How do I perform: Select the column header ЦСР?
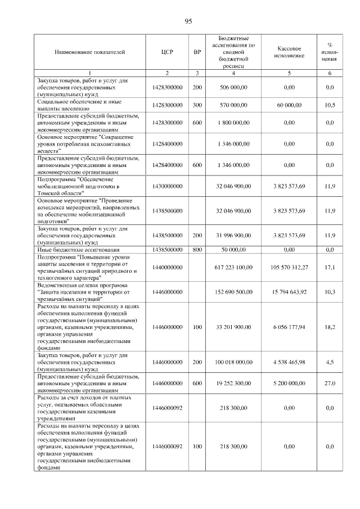click(167, 52)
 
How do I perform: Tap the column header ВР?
click(197, 52)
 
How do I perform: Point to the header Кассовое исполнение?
click(289, 52)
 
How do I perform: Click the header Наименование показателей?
click(89, 52)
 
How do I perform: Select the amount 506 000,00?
click(233, 87)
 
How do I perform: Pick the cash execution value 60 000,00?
click(289, 105)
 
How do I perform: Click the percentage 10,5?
click(330, 105)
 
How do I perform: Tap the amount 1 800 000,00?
click(233, 122)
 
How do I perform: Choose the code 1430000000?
click(167, 186)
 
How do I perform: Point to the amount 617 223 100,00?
click(233, 267)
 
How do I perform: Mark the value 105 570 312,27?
click(289, 267)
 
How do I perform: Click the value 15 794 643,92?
click(289, 292)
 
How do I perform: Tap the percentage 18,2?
click(330, 326)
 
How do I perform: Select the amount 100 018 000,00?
click(233, 363)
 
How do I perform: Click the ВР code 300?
click(197, 105)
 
